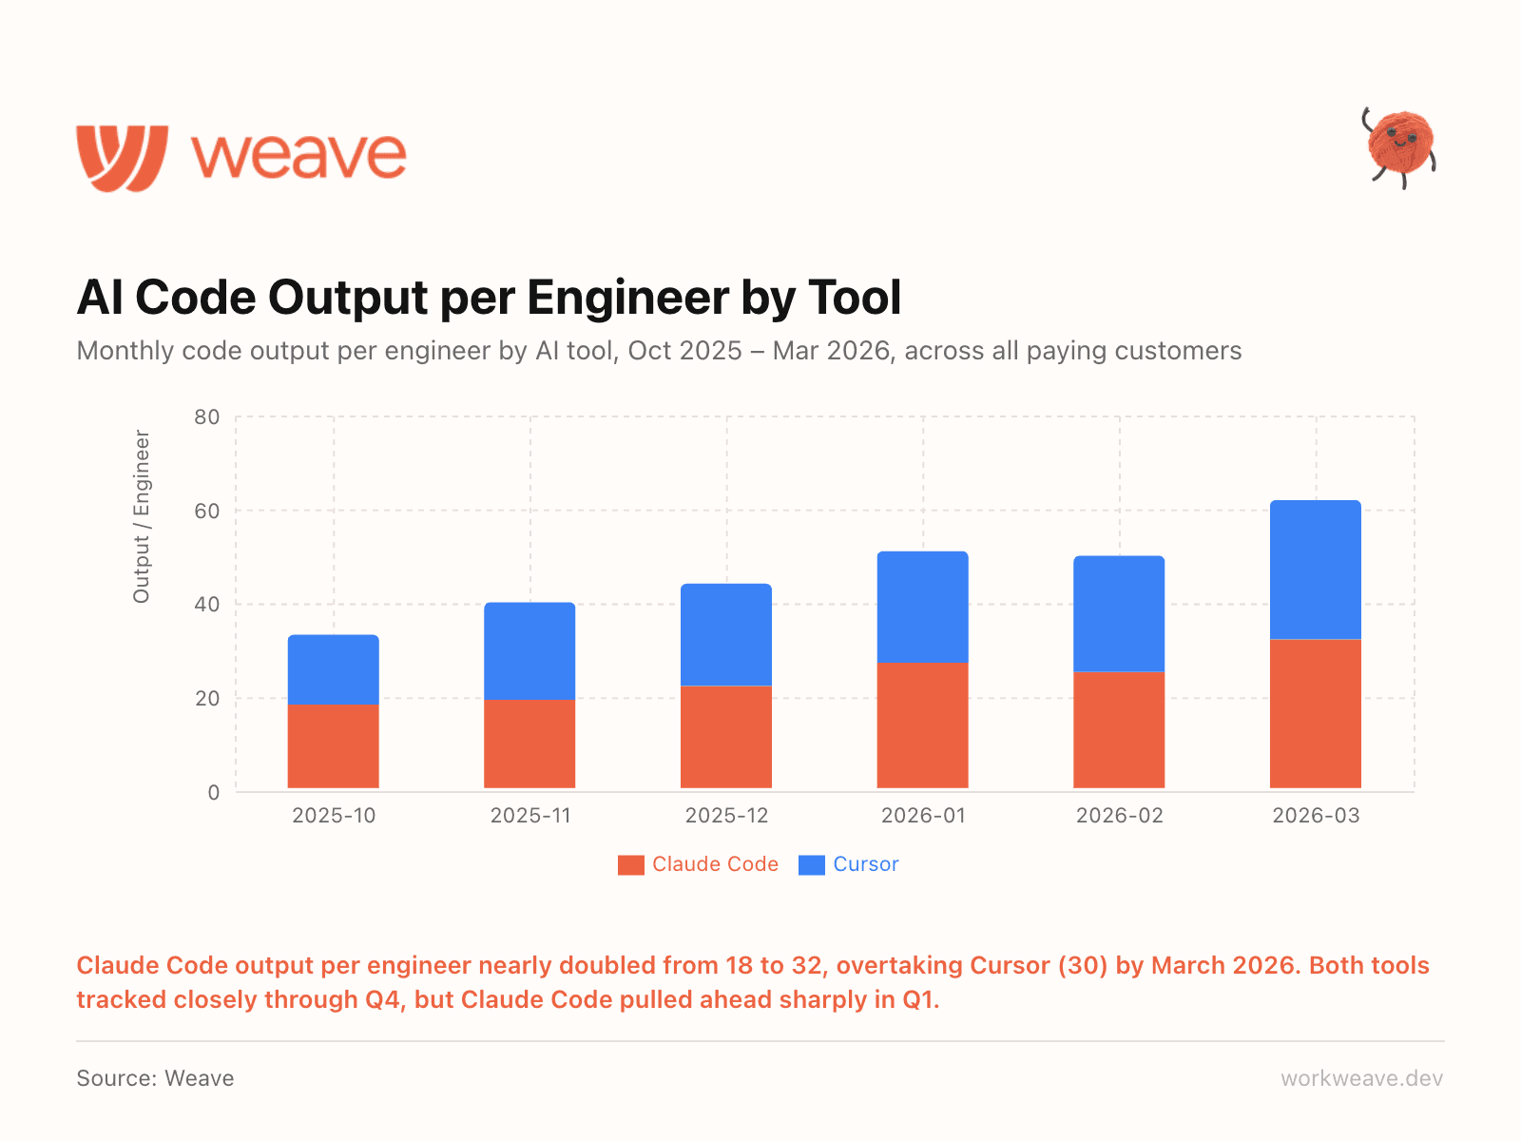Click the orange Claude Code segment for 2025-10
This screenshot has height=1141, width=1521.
click(334, 746)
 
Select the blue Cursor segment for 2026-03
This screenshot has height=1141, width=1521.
click(1316, 570)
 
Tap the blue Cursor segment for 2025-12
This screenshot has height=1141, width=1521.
click(726, 634)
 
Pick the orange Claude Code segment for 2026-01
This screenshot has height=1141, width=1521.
click(922, 725)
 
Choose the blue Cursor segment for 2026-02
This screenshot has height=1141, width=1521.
click(1119, 613)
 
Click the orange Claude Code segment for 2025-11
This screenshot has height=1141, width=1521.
click(529, 744)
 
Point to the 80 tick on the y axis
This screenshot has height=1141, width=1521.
click(207, 416)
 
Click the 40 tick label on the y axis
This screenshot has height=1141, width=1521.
click(207, 604)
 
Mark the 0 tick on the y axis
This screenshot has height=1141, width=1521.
click(214, 792)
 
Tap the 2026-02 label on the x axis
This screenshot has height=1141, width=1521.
click(1119, 816)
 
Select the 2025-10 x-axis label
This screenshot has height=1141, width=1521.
click(334, 816)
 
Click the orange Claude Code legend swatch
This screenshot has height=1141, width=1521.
click(630, 865)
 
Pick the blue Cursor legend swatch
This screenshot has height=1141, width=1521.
click(812, 865)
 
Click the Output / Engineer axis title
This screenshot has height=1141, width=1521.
click(142, 516)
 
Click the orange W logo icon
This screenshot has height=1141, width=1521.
click(123, 157)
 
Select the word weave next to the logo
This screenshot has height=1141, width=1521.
click(299, 157)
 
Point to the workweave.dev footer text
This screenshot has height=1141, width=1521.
click(1361, 1078)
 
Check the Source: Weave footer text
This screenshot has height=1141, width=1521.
click(155, 1078)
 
